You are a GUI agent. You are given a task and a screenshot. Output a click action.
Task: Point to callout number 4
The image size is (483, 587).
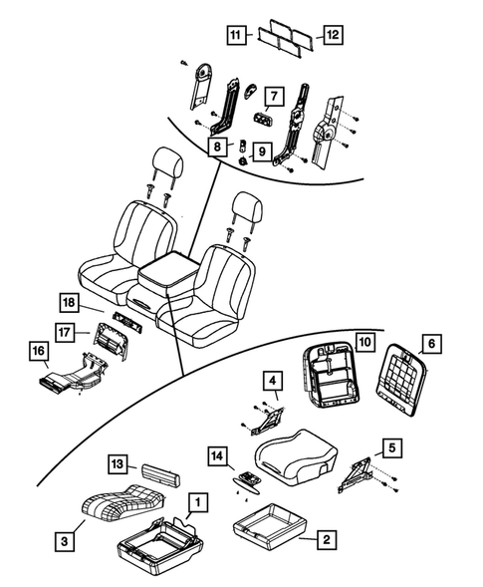coord(272,380)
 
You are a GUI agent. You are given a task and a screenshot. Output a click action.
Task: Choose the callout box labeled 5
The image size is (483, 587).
coord(393,447)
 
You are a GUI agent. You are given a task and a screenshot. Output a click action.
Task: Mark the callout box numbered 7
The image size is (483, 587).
coord(273,96)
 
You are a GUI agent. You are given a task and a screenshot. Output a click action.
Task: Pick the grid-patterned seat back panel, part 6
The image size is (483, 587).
coord(403,383)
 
